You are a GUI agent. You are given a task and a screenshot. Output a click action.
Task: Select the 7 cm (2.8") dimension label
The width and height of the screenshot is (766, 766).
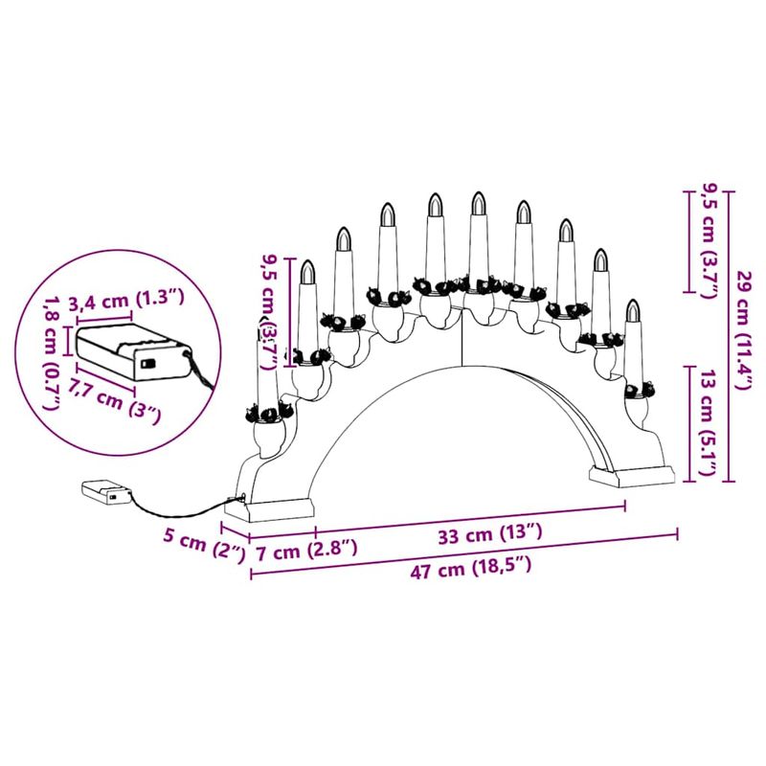(x=307, y=550)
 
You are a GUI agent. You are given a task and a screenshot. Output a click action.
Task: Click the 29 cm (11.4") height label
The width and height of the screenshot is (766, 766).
(x=744, y=331)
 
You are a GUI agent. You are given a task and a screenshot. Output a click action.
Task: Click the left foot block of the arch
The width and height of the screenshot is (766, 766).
(x=279, y=506)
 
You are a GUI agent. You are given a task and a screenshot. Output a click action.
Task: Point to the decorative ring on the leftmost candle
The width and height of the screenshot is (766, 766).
(x=264, y=413)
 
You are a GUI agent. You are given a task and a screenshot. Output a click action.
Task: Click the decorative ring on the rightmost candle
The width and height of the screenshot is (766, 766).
(x=637, y=391)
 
